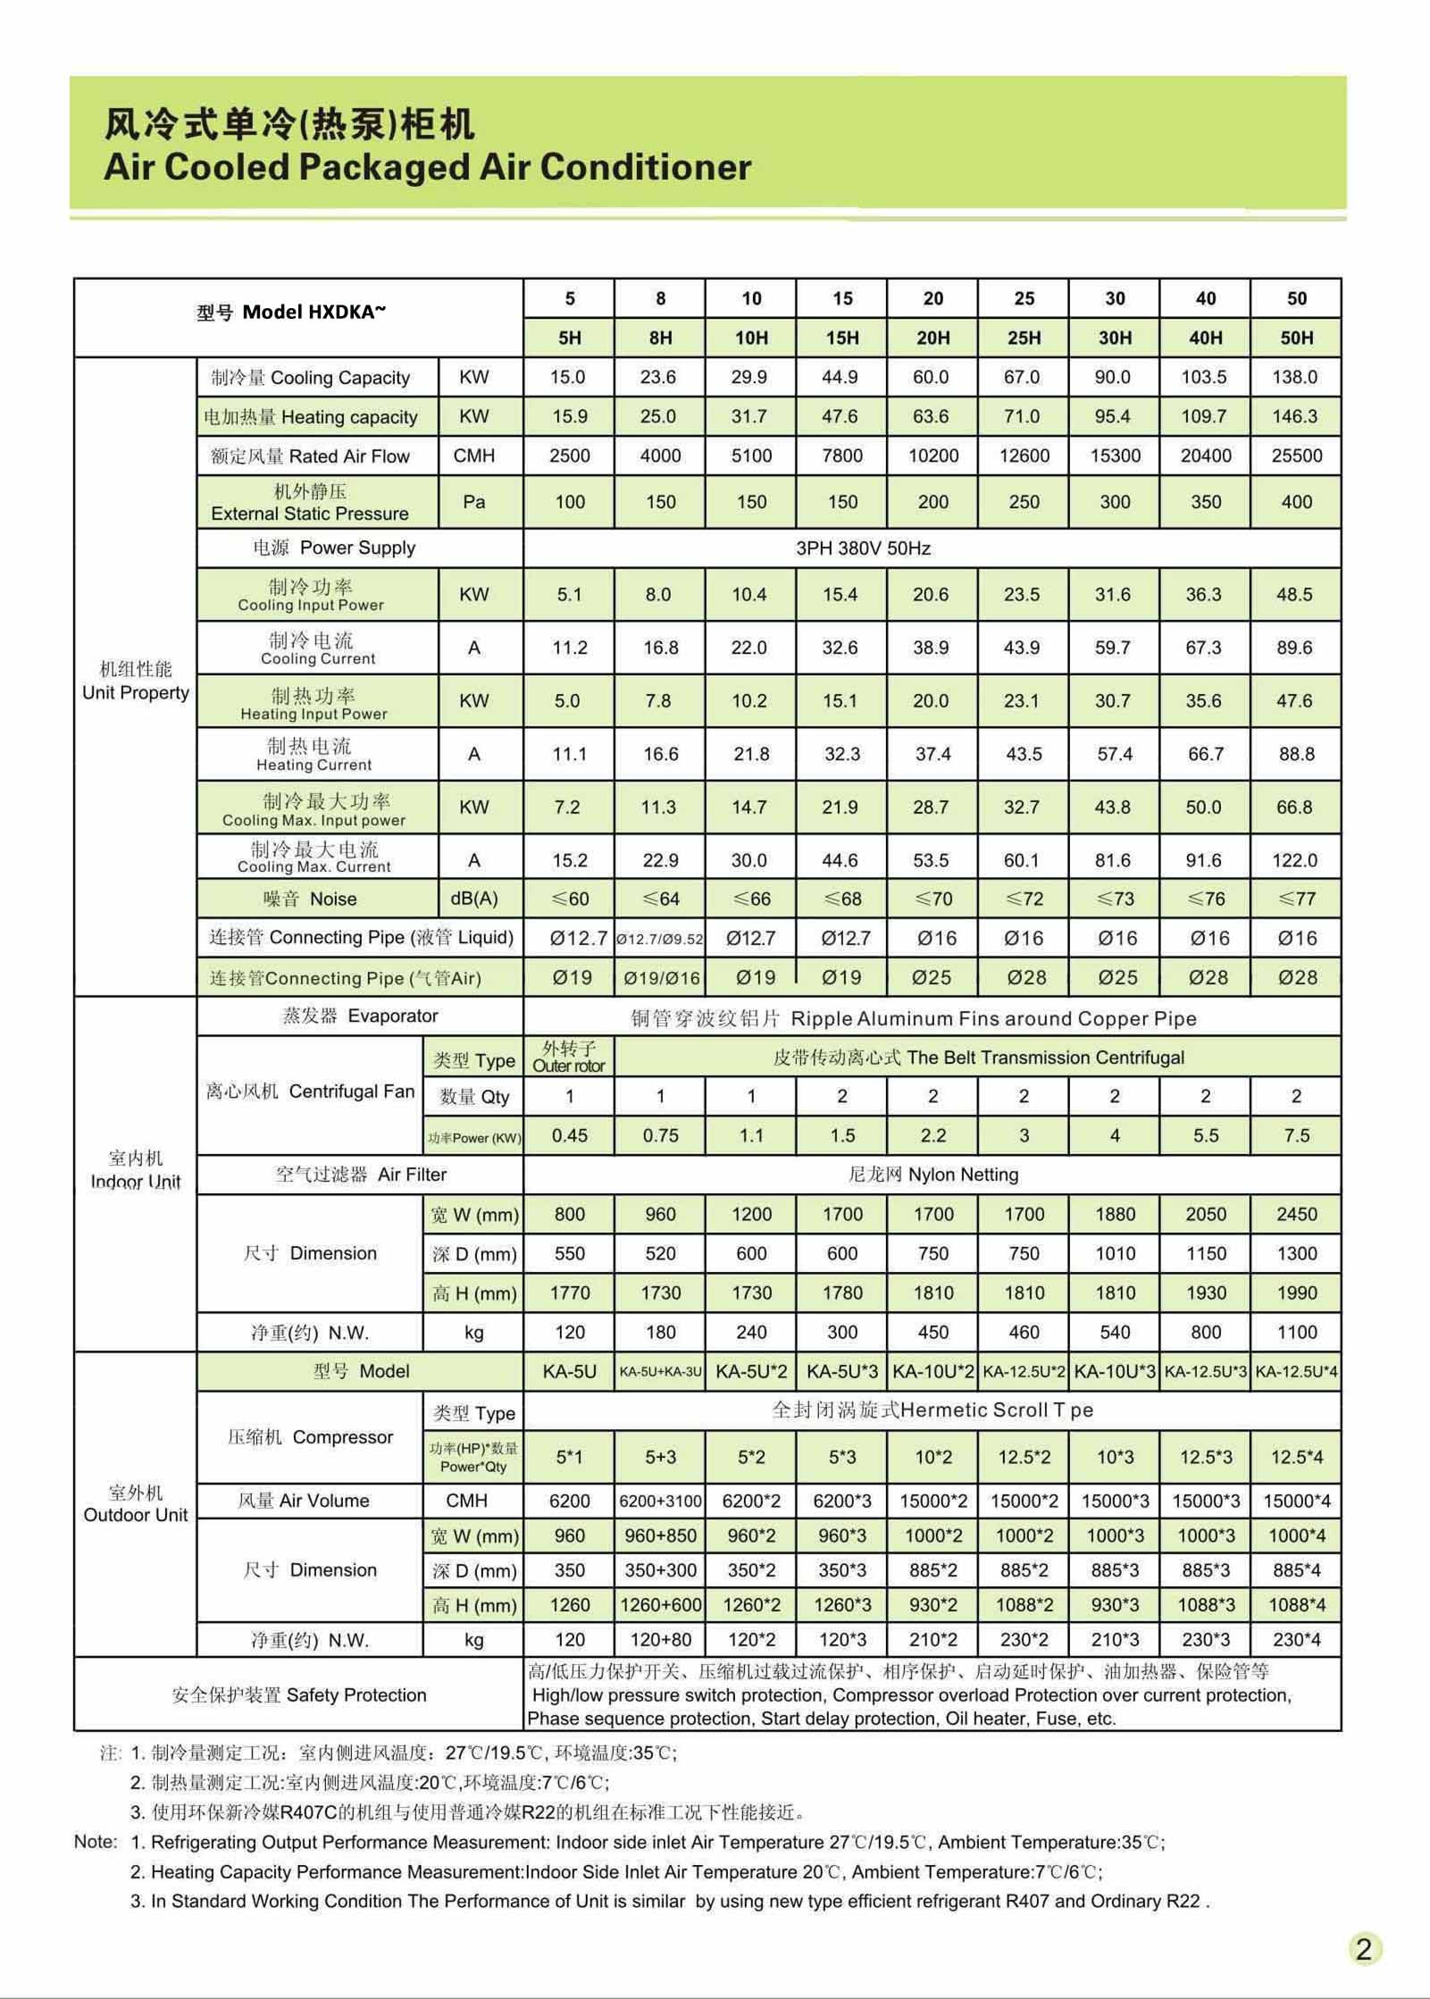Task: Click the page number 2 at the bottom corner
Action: coord(1363,1948)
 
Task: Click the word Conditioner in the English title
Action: coord(645,167)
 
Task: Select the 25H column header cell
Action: coord(1024,338)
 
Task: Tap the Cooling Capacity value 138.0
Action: coord(1294,377)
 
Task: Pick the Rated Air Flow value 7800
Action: coord(841,456)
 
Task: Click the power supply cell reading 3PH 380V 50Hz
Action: coord(863,548)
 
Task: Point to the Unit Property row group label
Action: coord(136,682)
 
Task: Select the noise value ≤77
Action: coord(1296,899)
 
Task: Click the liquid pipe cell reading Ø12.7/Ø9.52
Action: coord(660,939)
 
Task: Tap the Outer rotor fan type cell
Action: coord(569,1057)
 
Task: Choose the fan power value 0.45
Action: coord(569,1135)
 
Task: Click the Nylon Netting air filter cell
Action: coord(932,1175)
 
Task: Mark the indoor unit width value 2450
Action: coord(1296,1214)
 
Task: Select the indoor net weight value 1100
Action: coord(1296,1332)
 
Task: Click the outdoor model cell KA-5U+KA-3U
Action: coord(660,1371)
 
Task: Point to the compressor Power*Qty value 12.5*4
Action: coord(1296,1457)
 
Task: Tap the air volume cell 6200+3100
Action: coord(660,1501)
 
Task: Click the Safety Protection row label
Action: coord(299,1694)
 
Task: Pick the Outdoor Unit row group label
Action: coord(136,1504)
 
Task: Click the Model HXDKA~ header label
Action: coord(292,313)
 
